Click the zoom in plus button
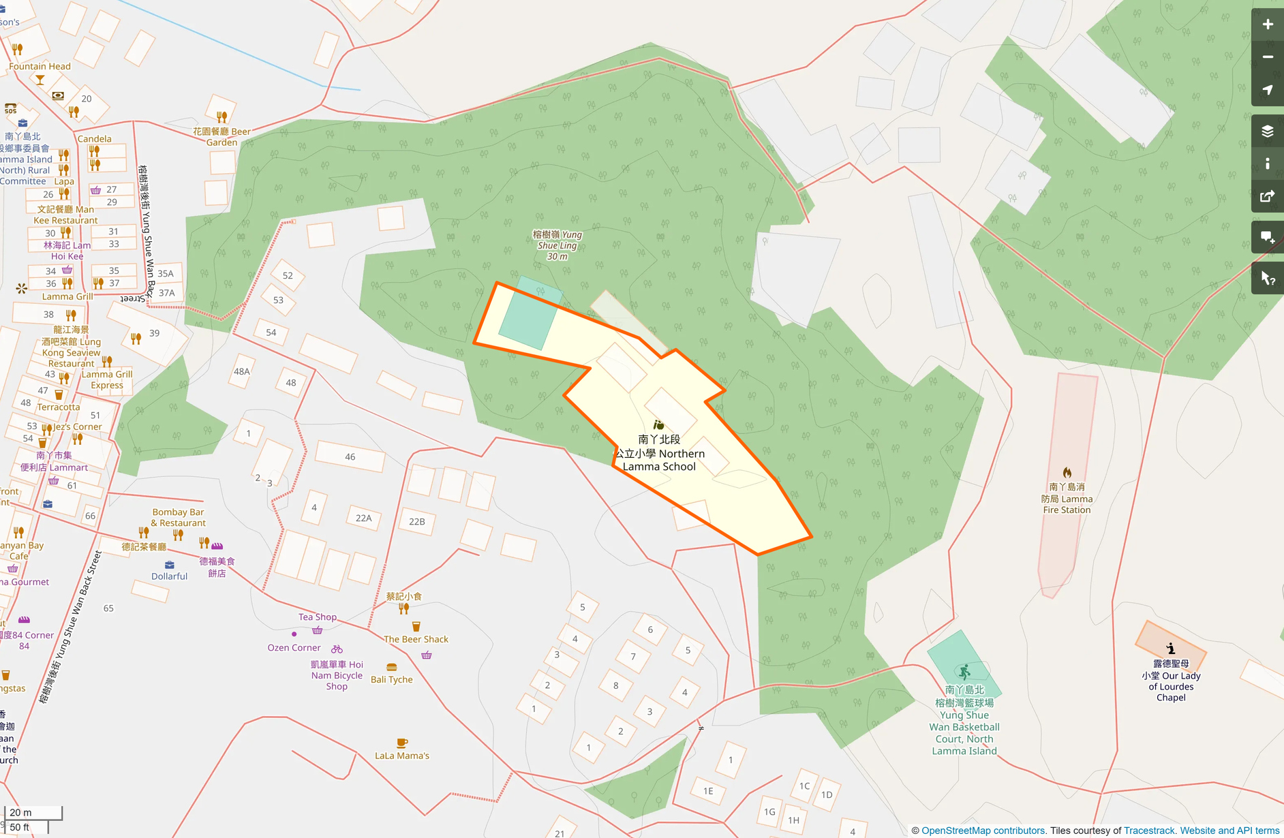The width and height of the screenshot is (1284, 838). coord(1267,25)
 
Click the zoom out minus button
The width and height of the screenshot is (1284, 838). coord(1267,57)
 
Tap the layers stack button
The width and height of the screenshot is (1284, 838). coord(1267,131)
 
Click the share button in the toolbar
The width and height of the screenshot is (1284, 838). coord(1267,196)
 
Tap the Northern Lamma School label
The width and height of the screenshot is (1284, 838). coord(659,453)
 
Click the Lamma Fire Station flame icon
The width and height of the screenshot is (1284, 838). coord(1067,472)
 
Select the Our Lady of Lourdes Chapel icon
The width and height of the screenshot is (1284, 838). coord(1171,648)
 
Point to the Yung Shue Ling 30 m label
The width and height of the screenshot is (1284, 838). coord(557,245)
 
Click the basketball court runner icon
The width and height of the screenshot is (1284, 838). coord(964,672)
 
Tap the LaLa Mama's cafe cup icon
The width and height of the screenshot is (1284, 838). coord(402,743)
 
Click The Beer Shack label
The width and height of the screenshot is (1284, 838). coord(416,639)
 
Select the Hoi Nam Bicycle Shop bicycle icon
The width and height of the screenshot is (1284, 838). coord(337,649)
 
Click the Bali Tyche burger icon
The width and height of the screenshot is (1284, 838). coord(391,667)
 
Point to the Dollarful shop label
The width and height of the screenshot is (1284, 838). coord(169,576)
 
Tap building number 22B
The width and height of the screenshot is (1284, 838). coord(417,521)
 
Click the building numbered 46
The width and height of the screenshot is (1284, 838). coord(350,456)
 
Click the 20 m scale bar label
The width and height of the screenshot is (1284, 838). coord(21,812)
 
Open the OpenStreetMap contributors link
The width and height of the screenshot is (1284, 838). coord(983,831)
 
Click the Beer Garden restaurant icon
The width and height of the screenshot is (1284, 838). coord(221,117)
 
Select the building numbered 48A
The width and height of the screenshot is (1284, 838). coord(242,371)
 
